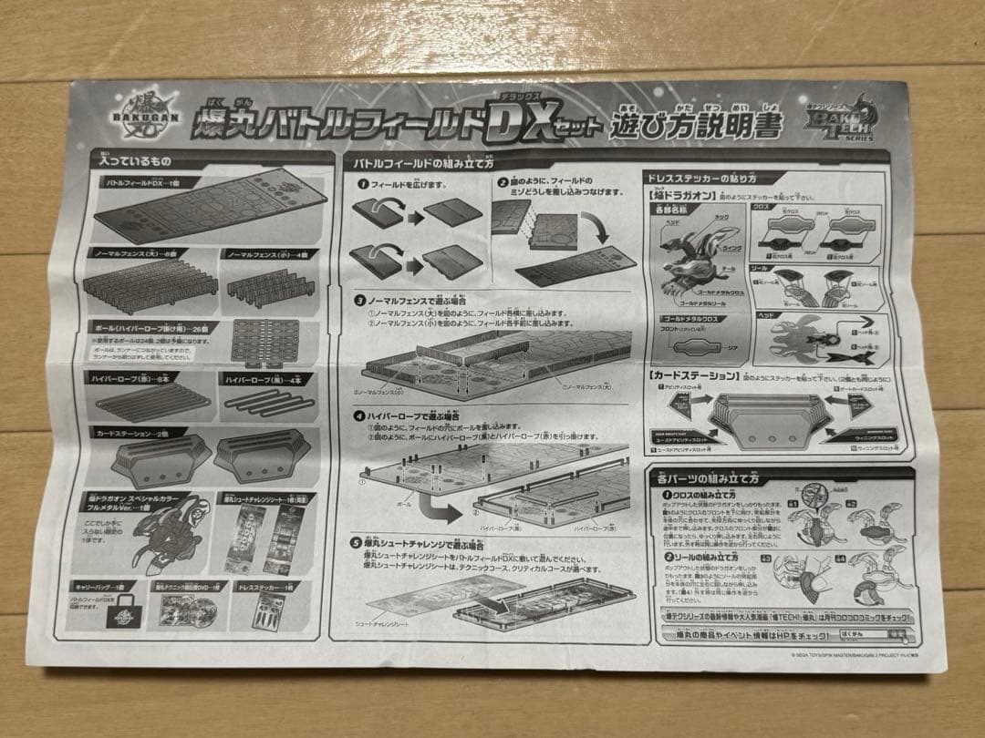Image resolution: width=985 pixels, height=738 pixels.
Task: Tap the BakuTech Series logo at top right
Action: click(835, 124)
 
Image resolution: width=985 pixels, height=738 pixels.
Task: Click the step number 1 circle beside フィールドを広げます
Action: click(362, 184)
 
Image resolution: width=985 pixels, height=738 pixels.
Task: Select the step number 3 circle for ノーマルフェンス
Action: click(361, 297)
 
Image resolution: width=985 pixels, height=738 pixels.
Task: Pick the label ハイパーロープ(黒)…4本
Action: click(264, 378)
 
